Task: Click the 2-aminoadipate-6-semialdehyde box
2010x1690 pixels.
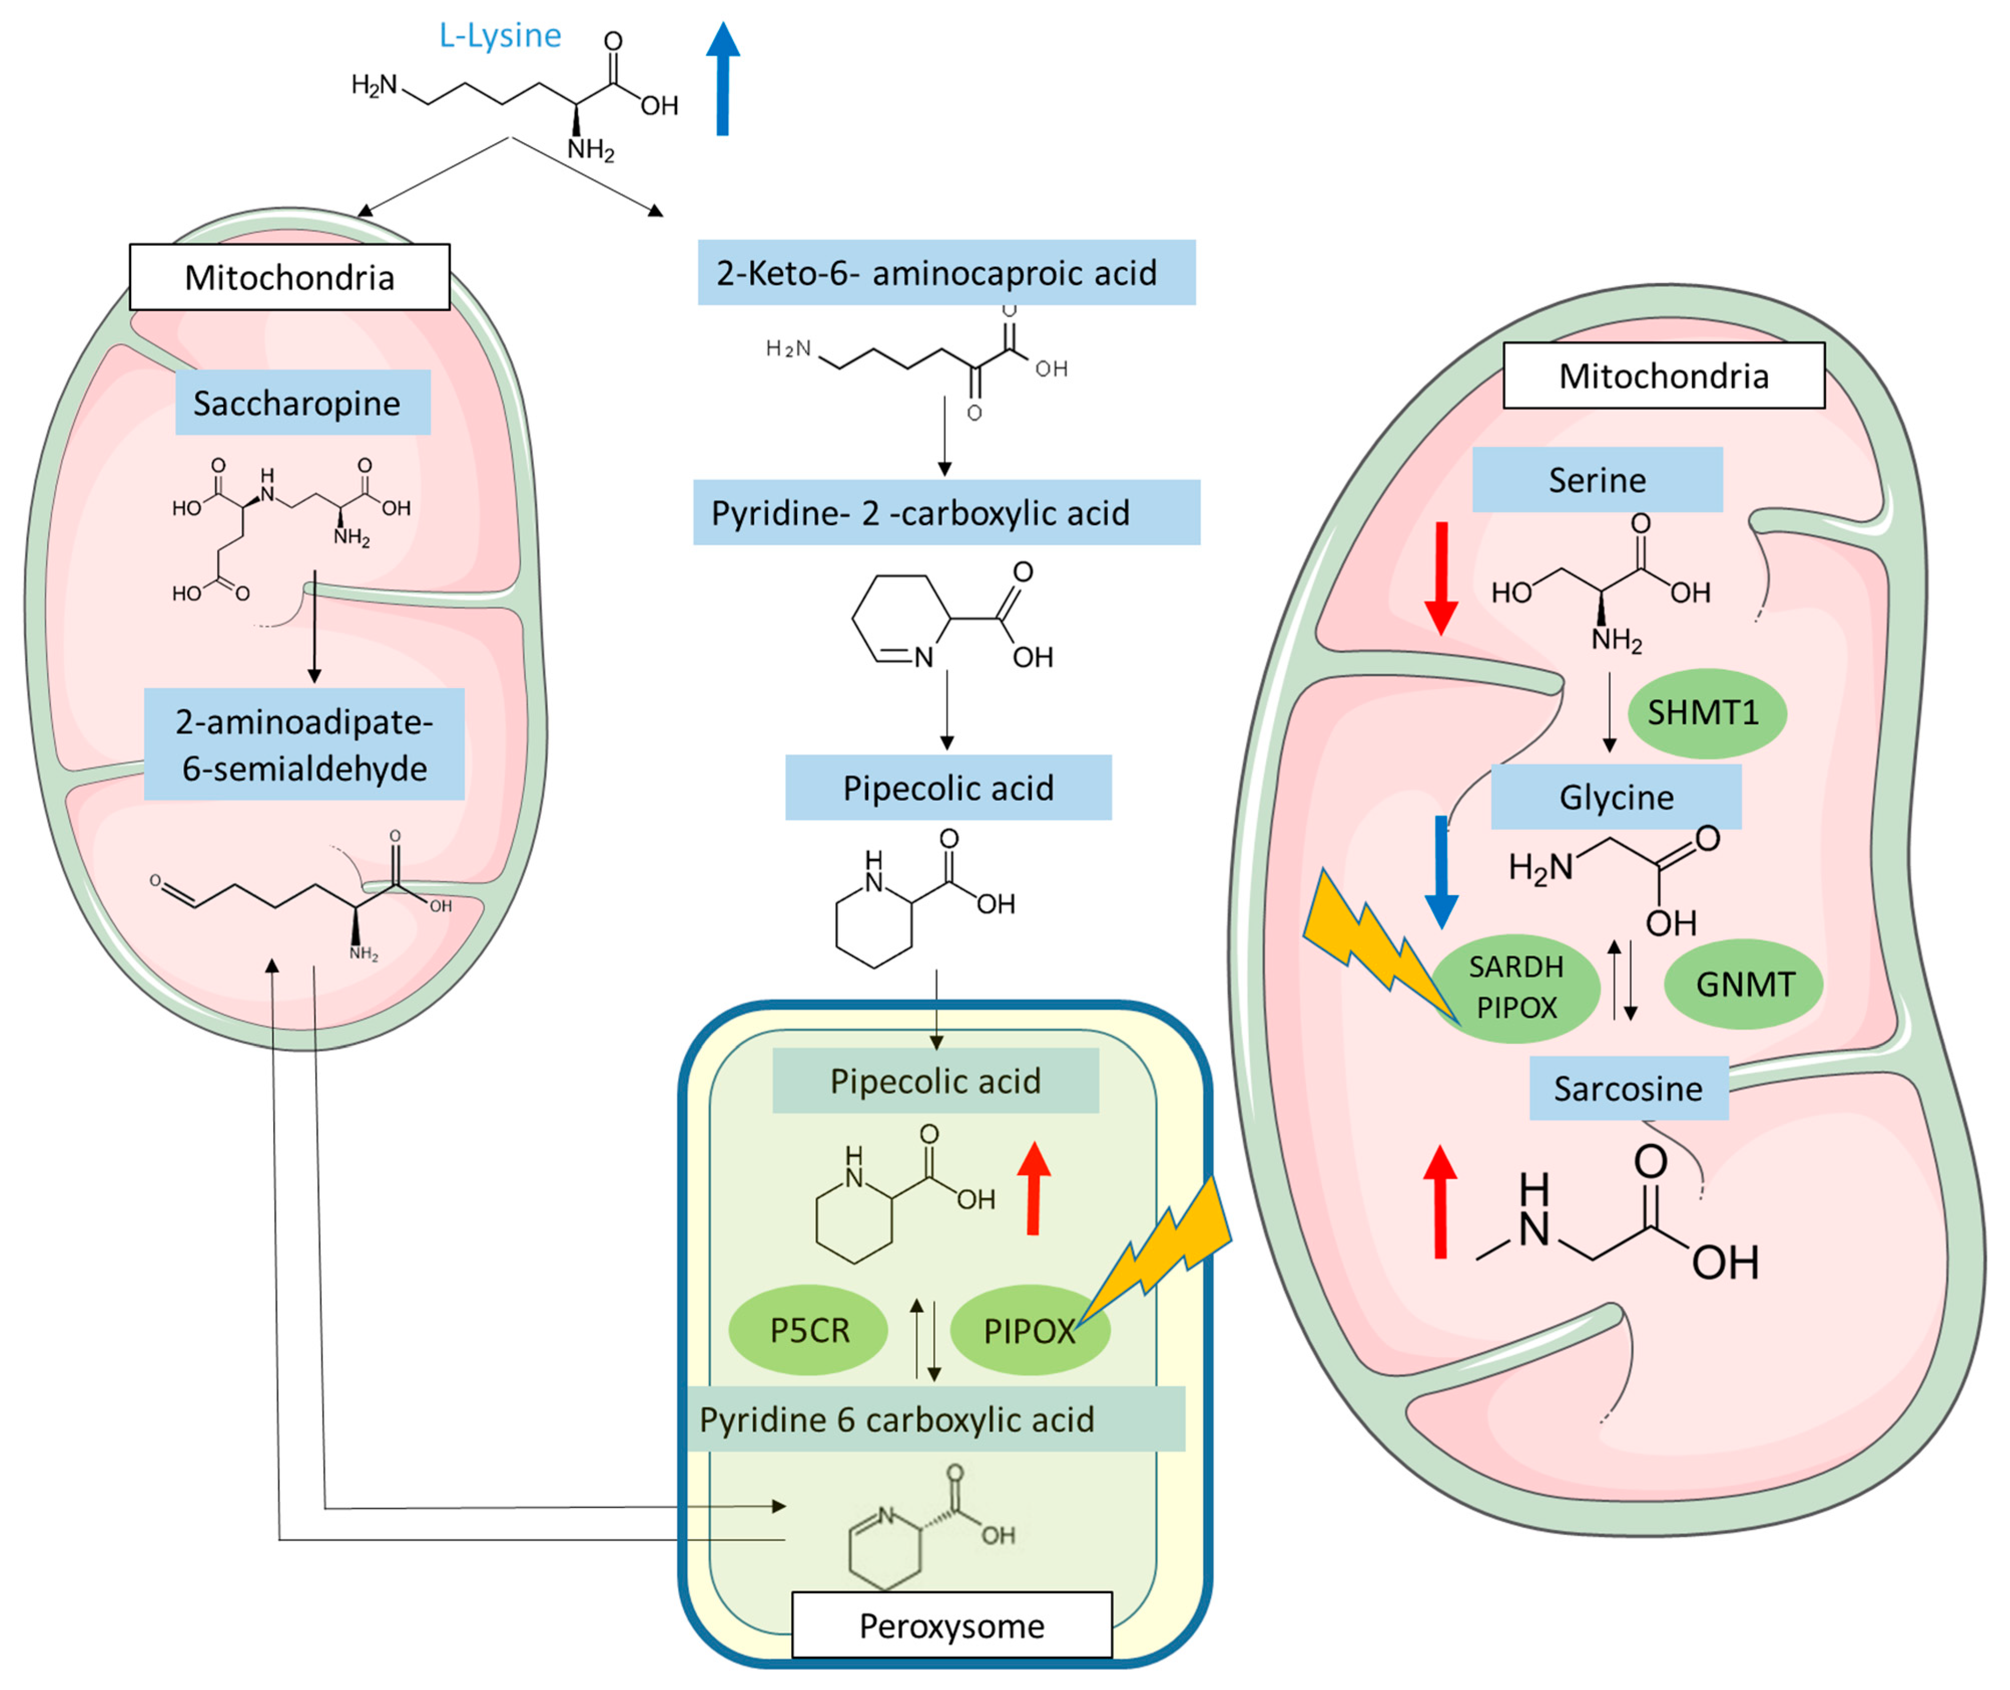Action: tap(304, 745)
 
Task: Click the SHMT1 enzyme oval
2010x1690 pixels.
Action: tap(1706, 713)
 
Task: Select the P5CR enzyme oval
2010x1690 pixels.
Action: tap(809, 1330)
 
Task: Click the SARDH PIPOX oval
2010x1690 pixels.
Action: tap(1516, 987)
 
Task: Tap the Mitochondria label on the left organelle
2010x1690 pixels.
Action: tap(289, 277)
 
